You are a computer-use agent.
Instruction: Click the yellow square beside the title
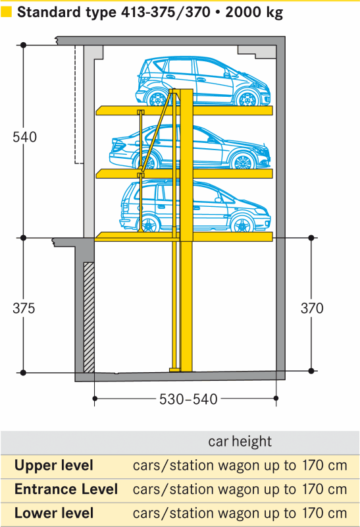pos(6,12)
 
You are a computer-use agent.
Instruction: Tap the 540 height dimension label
pos(24,137)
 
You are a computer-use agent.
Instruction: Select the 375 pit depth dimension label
pos(24,308)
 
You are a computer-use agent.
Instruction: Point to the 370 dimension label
pos(312,308)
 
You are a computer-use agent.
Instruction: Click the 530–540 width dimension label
pos(188,399)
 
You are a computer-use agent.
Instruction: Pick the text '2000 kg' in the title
pos(254,13)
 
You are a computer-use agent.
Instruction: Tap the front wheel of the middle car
pos(242,162)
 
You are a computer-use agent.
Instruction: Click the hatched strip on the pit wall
pos(89,317)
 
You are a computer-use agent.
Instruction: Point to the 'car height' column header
pos(240,441)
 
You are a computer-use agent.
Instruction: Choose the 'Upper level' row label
pos(54,466)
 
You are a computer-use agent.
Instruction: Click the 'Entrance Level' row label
pos(66,489)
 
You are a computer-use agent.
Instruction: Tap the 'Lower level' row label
pos(54,513)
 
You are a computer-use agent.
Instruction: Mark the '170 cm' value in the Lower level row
pos(324,513)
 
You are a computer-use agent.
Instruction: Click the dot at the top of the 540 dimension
pos(23,45)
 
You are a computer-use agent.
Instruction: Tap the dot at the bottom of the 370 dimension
pos(311,371)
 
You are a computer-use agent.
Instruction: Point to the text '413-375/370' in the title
pos(165,13)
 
